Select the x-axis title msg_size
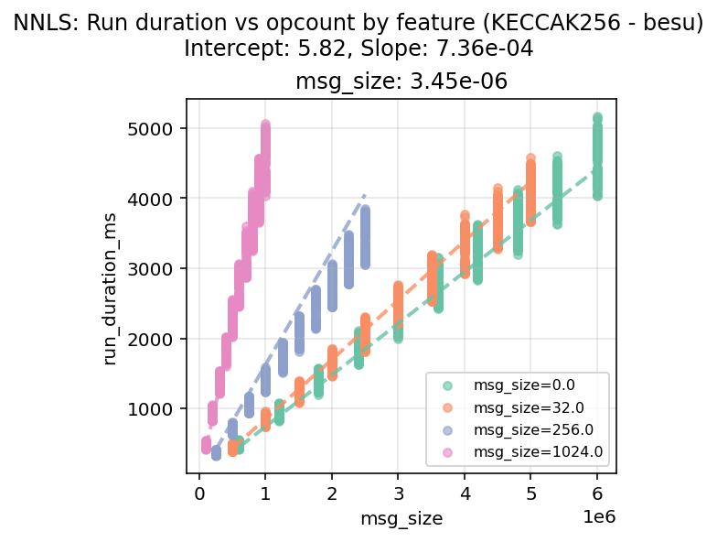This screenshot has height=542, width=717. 402,519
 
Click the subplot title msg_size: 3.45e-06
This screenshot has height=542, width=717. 401,82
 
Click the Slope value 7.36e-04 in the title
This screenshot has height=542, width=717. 481,48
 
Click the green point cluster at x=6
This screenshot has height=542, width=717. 597,156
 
